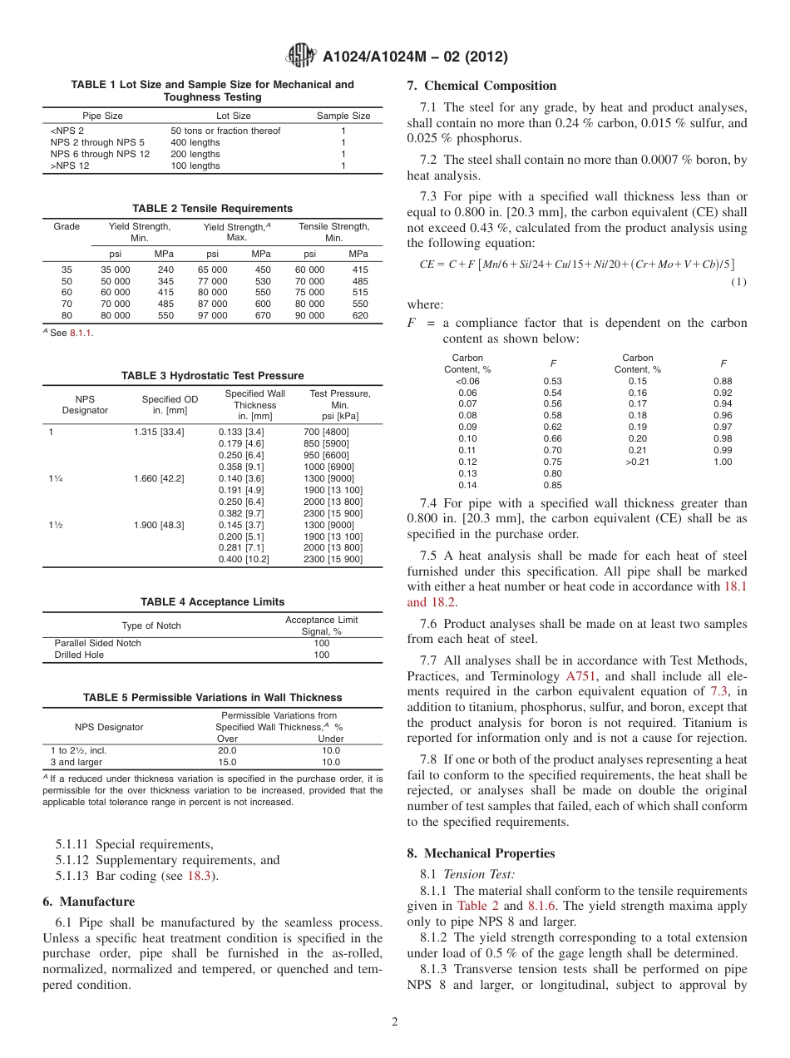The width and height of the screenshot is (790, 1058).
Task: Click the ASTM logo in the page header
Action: [x=300, y=56]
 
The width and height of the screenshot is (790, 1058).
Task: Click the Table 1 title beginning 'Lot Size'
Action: [x=212, y=91]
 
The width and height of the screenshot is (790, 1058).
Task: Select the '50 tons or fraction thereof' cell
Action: [x=225, y=131]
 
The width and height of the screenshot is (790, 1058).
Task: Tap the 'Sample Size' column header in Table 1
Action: [x=343, y=116]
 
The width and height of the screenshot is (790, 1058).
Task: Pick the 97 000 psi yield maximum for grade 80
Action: [x=213, y=316]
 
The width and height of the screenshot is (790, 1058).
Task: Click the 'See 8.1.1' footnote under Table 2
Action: [x=70, y=334]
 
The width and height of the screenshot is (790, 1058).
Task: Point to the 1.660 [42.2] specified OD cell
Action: [x=159, y=478]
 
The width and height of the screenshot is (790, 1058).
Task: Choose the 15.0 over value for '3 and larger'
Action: [x=227, y=762]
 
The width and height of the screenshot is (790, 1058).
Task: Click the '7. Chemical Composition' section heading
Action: [x=481, y=86]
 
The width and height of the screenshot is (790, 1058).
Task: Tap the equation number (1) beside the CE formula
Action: [x=738, y=282]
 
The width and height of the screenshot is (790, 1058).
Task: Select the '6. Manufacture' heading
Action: [x=88, y=902]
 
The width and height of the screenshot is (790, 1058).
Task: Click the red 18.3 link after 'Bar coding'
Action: [x=195, y=877]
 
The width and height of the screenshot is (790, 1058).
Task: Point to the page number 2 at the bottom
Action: [x=395, y=1022]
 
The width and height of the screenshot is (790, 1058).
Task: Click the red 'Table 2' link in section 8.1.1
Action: [x=477, y=906]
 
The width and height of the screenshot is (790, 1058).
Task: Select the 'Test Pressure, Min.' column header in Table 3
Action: [x=339, y=405]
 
